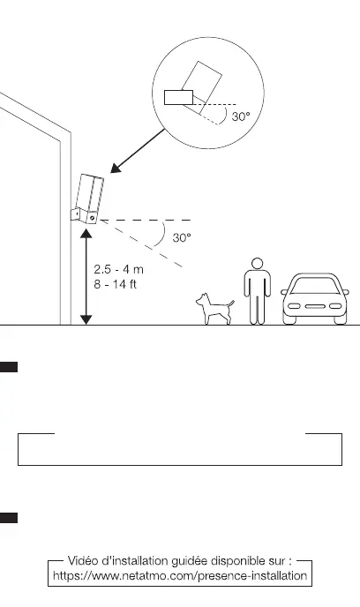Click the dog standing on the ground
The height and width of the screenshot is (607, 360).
(x=214, y=309)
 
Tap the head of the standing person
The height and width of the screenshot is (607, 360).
(x=257, y=264)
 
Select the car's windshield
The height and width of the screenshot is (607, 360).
(x=315, y=286)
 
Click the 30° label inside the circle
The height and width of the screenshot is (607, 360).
(x=241, y=116)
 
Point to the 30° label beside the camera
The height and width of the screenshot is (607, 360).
(x=182, y=237)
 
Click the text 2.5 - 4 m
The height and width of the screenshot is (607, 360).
(x=118, y=269)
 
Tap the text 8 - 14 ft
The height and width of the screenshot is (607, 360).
(x=116, y=284)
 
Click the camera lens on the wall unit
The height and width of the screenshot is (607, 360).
(x=92, y=218)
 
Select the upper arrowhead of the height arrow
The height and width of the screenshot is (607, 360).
(x=86, y=233)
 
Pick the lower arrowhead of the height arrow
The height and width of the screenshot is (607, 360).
(x=86, y=319)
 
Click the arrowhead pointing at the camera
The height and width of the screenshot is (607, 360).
(x=116, y=168)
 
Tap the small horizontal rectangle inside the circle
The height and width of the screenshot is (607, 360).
(x=178, y=98)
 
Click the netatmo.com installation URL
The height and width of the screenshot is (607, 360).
(x=180, y=575)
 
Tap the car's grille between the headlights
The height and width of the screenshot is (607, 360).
(x=315, y=307)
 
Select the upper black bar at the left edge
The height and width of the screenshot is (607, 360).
(x=9, y=367)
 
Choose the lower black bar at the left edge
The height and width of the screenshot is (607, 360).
(x=9, y=518)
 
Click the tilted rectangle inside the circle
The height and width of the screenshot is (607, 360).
(x=202, y=87)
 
